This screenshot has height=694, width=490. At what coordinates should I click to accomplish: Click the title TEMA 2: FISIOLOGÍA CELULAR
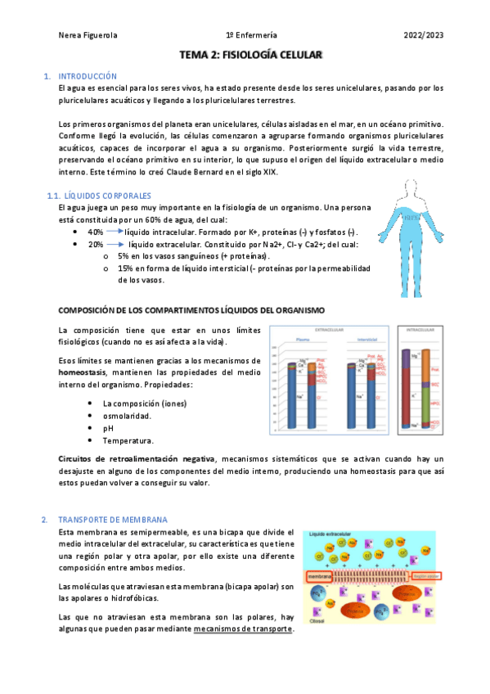(x=251, y=56)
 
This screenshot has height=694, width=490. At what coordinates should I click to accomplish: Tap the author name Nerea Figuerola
(x=89, y=35)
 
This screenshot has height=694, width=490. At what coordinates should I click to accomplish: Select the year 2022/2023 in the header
(x=423, y=35)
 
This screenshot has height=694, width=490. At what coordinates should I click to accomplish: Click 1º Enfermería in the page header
(x=251, y=35)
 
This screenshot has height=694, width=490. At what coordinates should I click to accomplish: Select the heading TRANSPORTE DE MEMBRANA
(x=112, y=520)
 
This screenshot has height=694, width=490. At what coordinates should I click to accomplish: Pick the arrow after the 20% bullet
(x=116, y=244)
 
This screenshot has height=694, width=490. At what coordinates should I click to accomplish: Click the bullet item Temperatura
(x=128, y=440)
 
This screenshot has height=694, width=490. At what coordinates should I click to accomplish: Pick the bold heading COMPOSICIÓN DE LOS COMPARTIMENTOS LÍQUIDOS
(x=192, y=310)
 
